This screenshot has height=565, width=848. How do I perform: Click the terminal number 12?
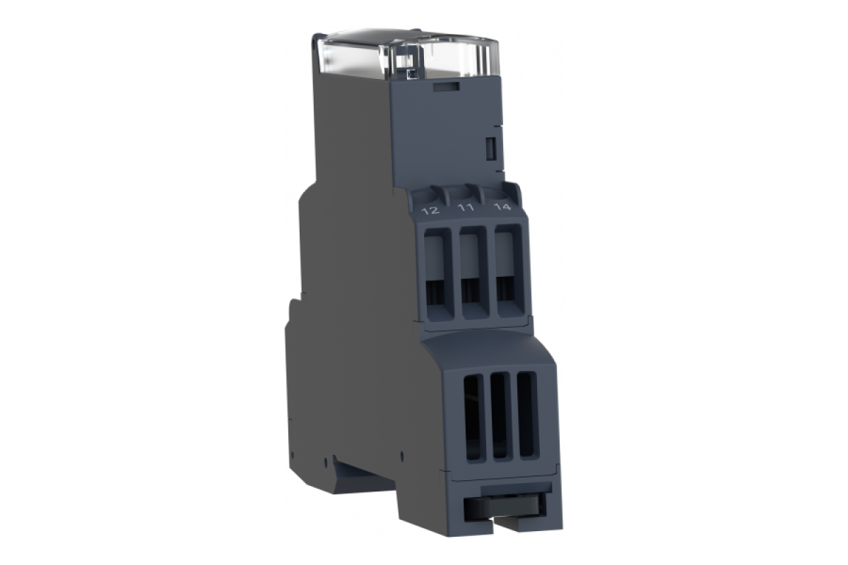click(431, 210)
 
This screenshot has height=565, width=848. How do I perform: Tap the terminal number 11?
click(466, 208)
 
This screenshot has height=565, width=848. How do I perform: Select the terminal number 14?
click(502, 207)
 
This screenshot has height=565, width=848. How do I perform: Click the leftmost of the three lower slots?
click(474, 418)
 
